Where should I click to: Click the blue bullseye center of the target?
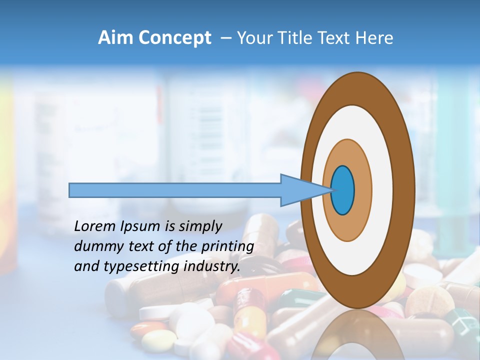(x=342, y=190)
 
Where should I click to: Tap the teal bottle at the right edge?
(x=457, y=150)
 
